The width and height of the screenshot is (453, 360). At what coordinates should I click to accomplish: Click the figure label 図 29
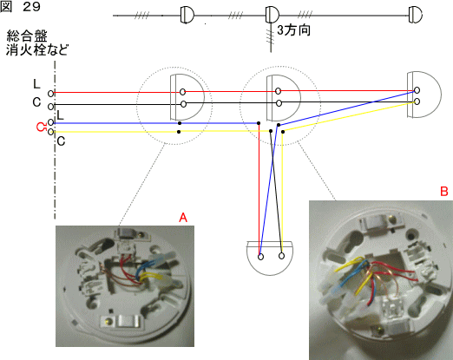[20, 7]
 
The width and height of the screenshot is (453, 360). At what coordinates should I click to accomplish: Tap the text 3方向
[294, 29]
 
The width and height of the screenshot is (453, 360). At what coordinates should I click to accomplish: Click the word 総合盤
[27, 36]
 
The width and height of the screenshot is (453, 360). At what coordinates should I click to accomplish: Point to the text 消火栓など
[37, 49]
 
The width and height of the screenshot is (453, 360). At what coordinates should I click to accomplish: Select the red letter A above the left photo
[183, 217]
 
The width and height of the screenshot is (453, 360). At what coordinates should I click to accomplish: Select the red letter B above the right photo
[444, 191]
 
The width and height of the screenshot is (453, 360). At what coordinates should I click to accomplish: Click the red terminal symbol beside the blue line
[42, 127]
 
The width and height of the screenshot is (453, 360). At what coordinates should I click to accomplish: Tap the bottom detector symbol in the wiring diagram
[270, 258]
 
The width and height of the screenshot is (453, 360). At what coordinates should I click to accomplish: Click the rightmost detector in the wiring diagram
[424, 95]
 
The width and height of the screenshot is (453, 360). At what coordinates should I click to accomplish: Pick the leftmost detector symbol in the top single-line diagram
[187, 15]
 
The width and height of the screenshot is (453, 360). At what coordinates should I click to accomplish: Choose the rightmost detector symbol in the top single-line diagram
[416, 15]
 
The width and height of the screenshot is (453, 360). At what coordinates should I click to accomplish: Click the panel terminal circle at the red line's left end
[50, 94]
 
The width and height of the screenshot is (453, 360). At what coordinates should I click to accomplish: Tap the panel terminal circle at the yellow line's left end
[50, 132]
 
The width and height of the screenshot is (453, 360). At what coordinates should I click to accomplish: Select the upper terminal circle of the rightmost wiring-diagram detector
[417, 90]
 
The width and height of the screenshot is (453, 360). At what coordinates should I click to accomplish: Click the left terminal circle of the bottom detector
[260, 257]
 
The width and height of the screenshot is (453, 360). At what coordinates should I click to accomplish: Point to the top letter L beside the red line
[36, 84]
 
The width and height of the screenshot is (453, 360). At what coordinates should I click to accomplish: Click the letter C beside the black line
[36, 102]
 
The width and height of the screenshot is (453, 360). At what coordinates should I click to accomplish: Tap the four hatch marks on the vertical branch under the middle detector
[270, 37]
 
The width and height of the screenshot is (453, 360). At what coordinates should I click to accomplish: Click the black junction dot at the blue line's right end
[259, 123]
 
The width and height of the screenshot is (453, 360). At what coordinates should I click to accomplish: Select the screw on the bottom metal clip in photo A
[108, 321]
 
